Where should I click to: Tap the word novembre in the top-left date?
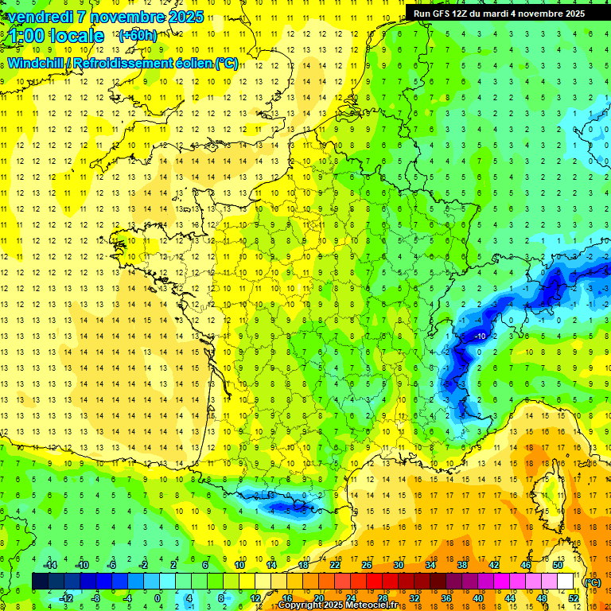point(129,17)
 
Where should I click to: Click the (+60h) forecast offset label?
point(138,35)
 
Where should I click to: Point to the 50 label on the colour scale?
point(557,565)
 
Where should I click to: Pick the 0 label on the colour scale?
point(158,598)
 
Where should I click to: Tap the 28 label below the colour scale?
point(382,598)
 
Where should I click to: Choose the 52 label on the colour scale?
point(573,598)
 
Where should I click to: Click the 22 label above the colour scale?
point(335,565)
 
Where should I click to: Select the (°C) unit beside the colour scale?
point(592,582)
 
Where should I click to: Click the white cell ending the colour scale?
point(565,582)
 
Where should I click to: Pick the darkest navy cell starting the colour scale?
point(40,582)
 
